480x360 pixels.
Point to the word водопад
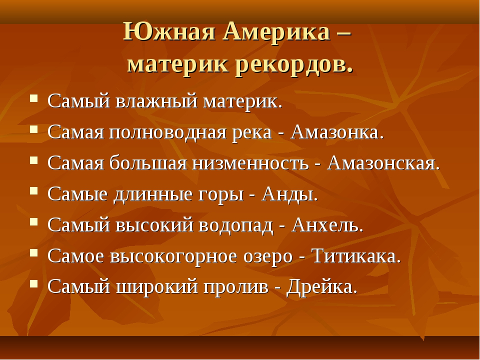pyautogui.click(x=234, y=225)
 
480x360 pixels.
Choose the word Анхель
pyautogui.click(x=327, y=225)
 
